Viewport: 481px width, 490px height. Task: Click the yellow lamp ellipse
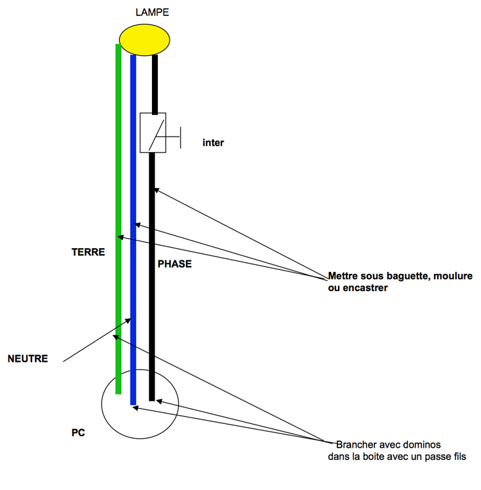[144, 39]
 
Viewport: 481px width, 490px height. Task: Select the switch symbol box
[153, 133]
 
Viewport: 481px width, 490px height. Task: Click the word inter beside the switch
[213, 143]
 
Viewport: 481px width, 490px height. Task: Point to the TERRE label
[88, 252]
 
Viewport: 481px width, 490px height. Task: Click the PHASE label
[174, 264]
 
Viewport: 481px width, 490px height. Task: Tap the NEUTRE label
[28, 359]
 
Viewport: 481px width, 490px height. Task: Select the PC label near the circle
[78, 433]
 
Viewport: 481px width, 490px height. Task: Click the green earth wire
[118, 192]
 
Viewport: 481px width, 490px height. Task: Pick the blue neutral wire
[133, 192]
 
